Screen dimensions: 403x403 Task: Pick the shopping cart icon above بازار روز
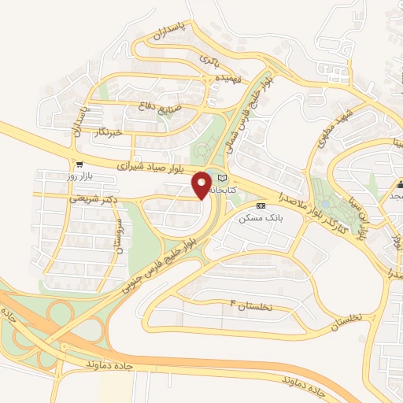coord(80,165)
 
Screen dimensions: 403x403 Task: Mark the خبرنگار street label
coord(105,131)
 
